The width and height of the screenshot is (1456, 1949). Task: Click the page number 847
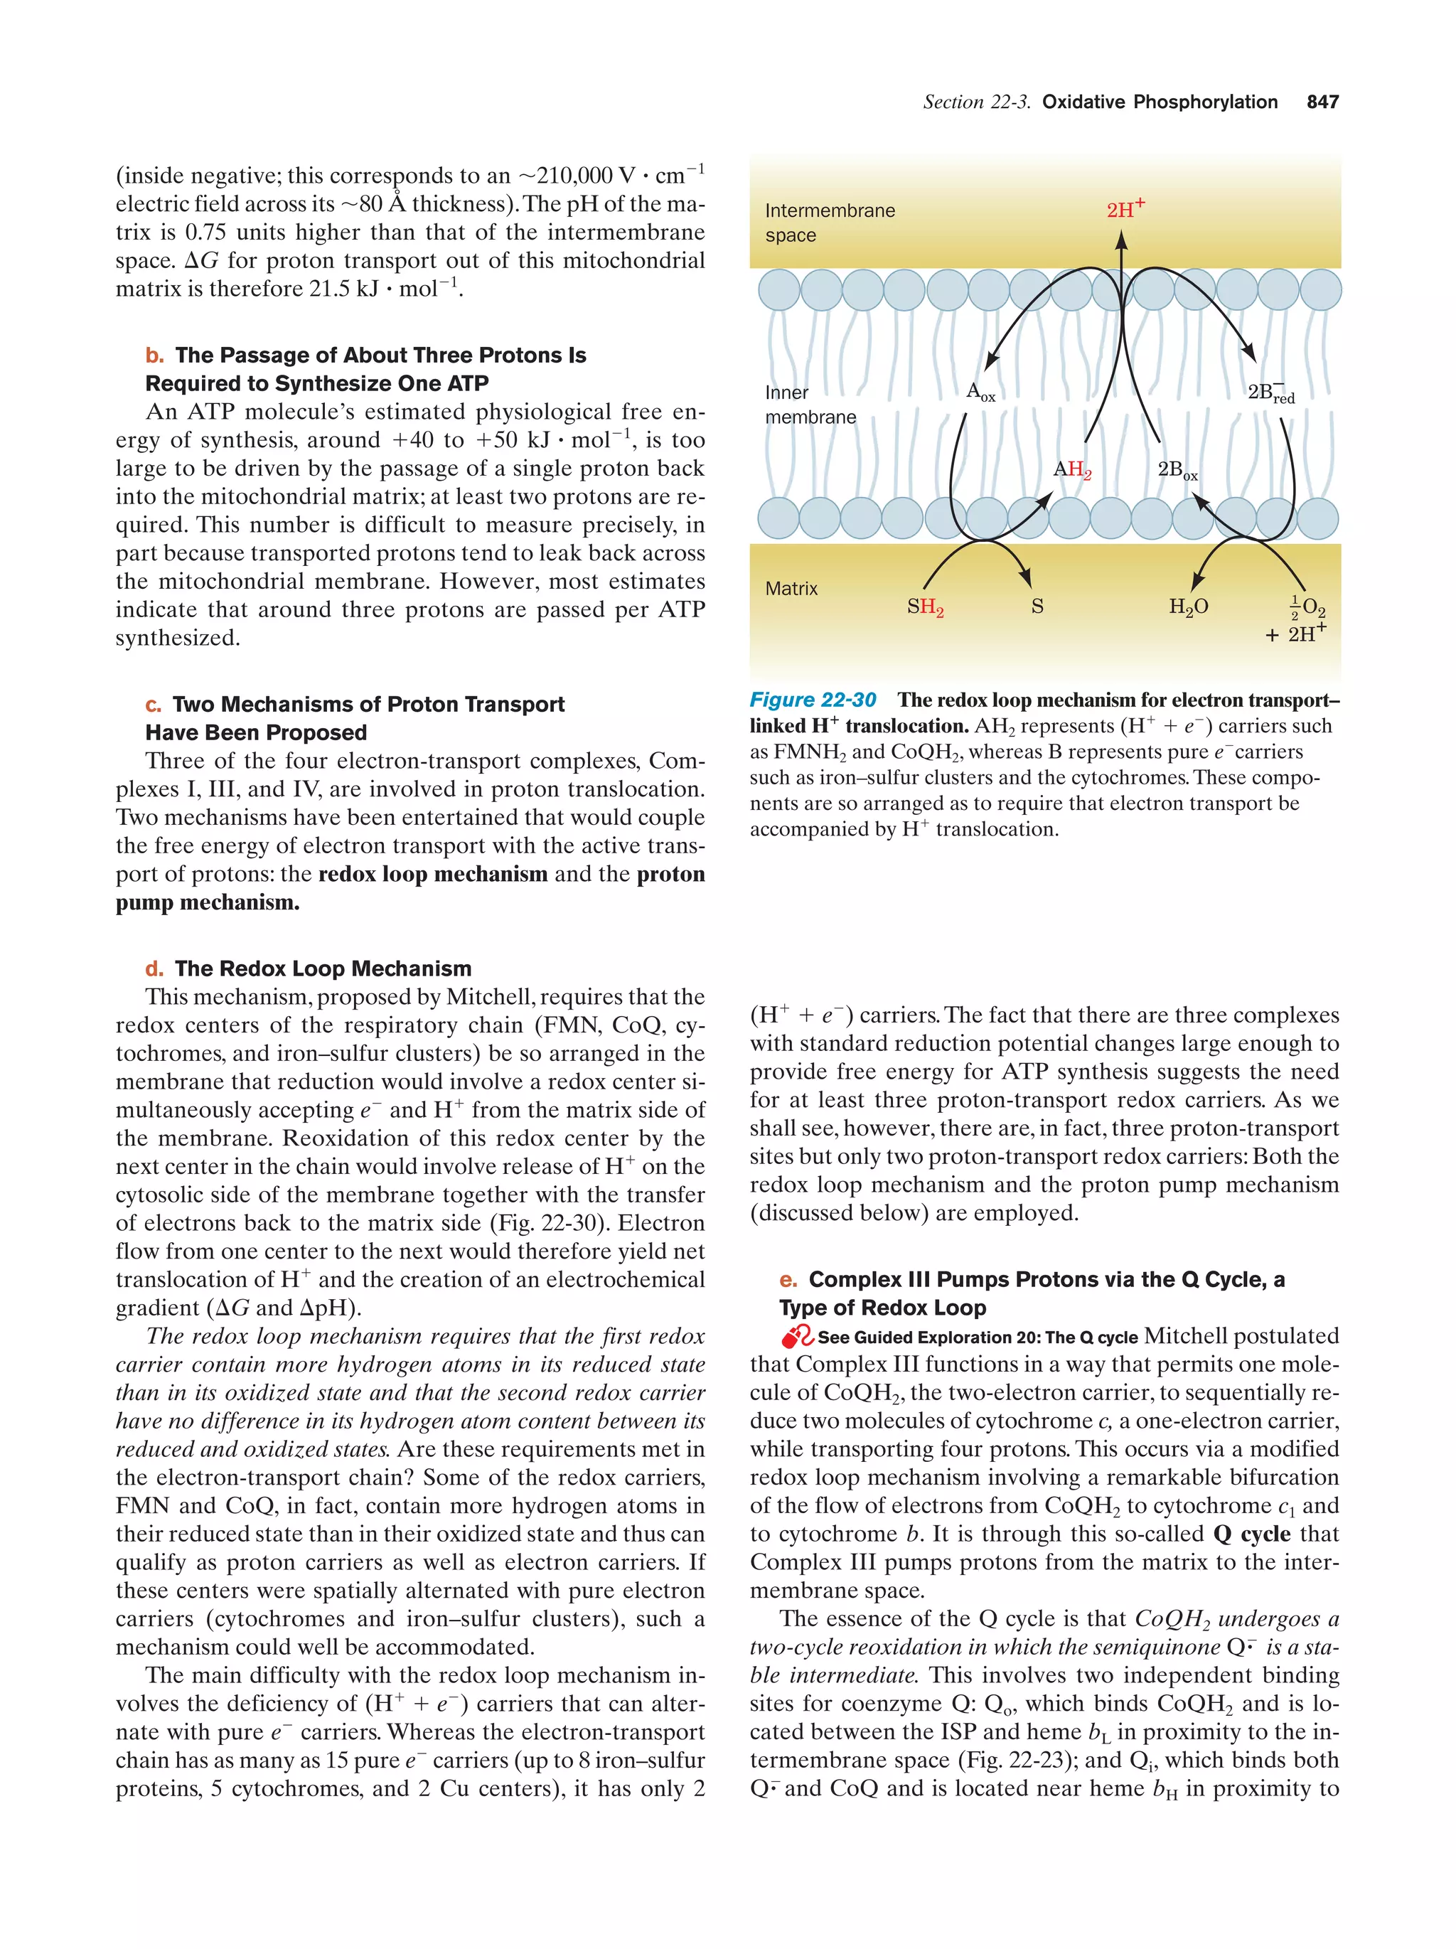pyautogui.click(x=1322, y=102)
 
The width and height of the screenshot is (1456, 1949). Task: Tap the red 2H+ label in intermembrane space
pyautogui.click(x=1125, y=209)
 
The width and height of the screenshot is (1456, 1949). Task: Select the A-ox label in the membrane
pyautogui.click(x=980, y=391)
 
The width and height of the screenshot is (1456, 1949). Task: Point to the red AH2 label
pyautogui.click(x=1072, y=469)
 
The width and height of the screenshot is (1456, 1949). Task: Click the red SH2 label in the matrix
pyautogui.click(x=925, y=607)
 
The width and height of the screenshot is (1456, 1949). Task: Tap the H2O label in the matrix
pyautogui.click(x=1187, y=607)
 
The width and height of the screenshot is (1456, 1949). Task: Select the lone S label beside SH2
pyautogui.click(x=1037, y=607)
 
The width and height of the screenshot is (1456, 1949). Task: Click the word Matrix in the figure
pyautogui.click(x=791, y=589)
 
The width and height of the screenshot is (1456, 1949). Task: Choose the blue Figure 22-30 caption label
pyautogui.click(x=812, y=700)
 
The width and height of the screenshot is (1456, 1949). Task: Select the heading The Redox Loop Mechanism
pyautogui.click(x=322, y=968)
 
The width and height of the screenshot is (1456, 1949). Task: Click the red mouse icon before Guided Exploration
pyautogui.click(x=797, y=1337)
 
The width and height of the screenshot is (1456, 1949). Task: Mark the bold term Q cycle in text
pyautogui.click(x=1251, y=1534)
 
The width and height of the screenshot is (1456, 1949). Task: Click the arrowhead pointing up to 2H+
pyautogui.click(x=1120, y=240)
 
